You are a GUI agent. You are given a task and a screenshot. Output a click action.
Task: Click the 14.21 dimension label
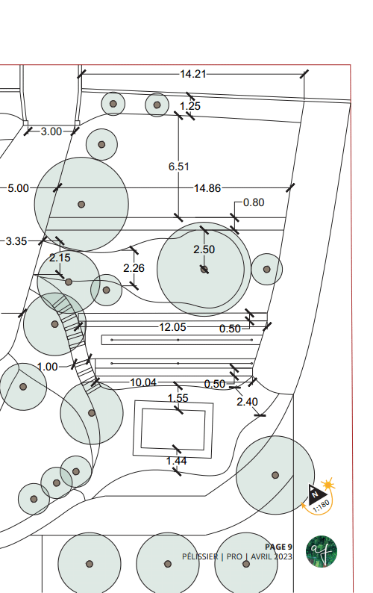192,74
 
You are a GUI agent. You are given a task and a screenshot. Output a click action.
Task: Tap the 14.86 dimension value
207,188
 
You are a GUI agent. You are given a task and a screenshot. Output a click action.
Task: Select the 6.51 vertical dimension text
179,167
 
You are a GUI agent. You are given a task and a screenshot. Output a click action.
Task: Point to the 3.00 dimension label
51,131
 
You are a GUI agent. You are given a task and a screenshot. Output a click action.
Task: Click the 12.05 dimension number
172,327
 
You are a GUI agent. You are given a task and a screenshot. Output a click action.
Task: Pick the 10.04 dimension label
143,382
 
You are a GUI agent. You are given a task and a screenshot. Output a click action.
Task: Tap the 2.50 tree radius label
204,249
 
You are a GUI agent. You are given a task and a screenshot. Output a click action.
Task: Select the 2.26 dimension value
134,268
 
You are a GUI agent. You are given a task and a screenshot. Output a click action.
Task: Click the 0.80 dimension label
254,202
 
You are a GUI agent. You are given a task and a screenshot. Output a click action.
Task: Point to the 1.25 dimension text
190,106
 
